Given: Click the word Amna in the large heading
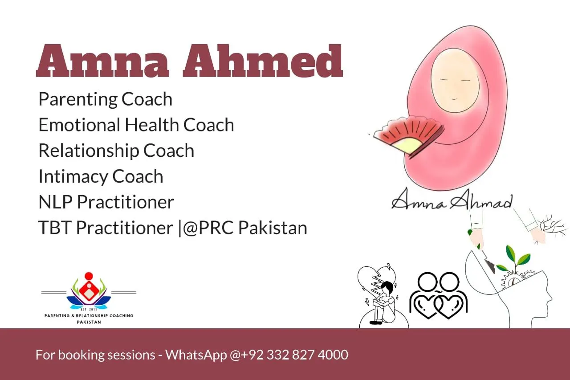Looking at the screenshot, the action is pyautogui.click(x=102, y=61).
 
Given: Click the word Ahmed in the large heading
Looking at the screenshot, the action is pyautogui.click(x=263, y=61).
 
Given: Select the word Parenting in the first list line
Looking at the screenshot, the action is pyautogui.click(x=78, y=100).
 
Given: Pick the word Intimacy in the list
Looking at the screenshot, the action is pyautogui.click(x=73, y=177).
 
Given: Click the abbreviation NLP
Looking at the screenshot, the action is pyautogui.click(x=56, y=202).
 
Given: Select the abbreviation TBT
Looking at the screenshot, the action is pyautogui.click(x=54, y=228).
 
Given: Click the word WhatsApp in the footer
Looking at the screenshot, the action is pyautogui.click(x=196, y=355).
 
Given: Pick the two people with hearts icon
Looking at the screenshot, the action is pyautogui.click(x=438, y=295).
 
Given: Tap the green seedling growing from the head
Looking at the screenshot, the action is pyautogui.click(x=514, y=258).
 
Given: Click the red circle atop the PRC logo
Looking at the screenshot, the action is pyautogui.click(x=89, y=276).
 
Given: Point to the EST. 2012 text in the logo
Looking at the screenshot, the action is pyautogui.click(x=89, y=310).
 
